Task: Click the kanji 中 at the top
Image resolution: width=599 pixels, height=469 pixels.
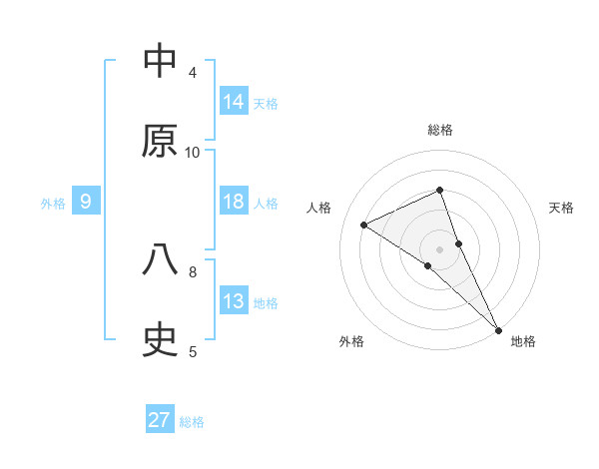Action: click(160, 61)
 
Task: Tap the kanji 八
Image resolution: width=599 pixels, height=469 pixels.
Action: click(160, 260)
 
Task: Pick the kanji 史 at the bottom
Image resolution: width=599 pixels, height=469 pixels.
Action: click(160, 341)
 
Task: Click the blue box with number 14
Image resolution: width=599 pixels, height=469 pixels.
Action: click(234, 101)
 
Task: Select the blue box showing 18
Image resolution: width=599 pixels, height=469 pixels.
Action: click(234, 201)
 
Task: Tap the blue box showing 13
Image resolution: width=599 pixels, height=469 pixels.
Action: click(234, 301)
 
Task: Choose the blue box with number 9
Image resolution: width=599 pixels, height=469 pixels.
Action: click(86, 202)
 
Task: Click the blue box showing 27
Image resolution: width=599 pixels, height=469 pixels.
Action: click(160, 420)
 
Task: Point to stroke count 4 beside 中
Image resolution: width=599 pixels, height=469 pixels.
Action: click(193, 73)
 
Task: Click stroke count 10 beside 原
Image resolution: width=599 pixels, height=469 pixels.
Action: click(193, 153)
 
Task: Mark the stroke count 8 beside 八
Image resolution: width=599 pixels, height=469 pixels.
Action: click(193, 271)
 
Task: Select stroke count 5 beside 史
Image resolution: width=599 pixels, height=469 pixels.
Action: click(193, 352)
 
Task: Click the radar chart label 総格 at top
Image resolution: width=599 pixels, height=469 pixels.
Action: click(440, 130)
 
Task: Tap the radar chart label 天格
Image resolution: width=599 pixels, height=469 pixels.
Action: click(561, 208)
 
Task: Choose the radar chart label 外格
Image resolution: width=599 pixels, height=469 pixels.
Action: click(351, 341)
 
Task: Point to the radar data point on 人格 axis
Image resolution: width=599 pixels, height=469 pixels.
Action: click(364, 225)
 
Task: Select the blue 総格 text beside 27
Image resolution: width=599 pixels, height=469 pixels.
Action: click(192, 422)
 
